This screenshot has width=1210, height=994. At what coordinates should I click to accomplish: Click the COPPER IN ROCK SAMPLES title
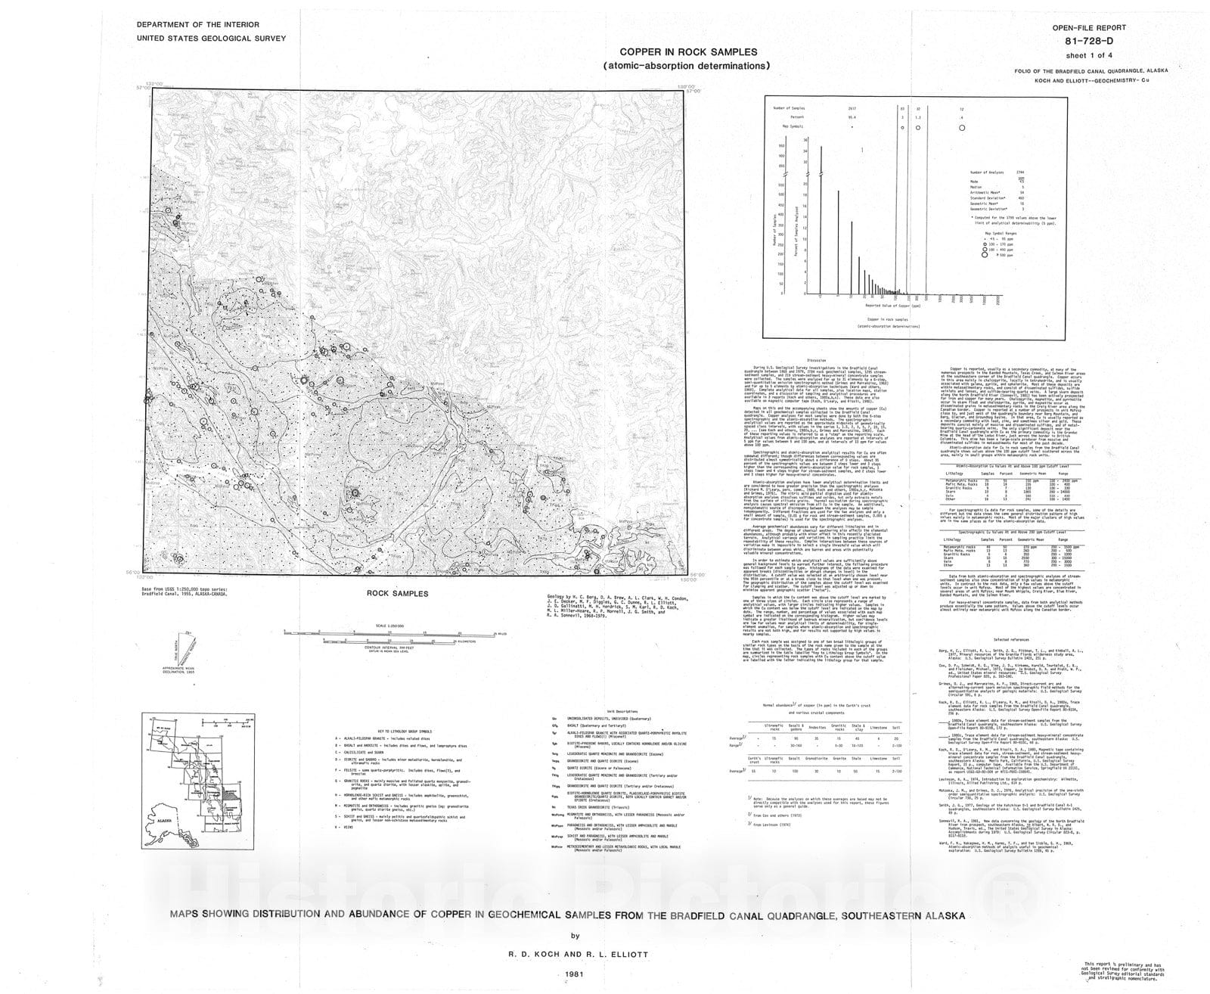688,52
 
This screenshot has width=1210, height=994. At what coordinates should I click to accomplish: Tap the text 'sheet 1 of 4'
1091,55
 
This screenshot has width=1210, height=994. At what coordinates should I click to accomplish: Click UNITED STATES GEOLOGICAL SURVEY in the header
211,38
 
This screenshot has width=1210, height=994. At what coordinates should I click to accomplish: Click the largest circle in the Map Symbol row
961,129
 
